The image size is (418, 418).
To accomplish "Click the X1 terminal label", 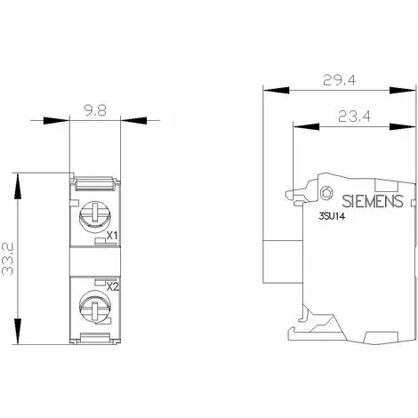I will (113, 236).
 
